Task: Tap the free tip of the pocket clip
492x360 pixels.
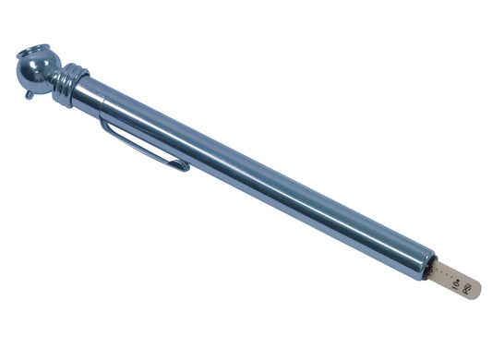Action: (185, 168)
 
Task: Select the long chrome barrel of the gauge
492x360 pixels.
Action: (258, 176)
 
